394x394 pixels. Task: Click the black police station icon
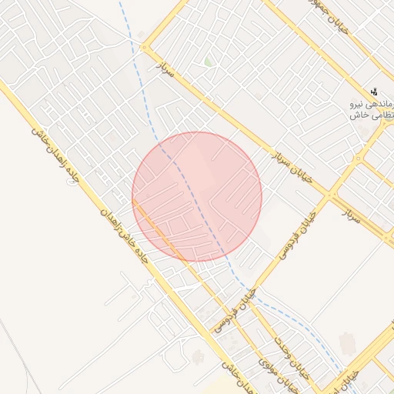(374, 92)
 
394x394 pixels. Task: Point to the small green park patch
(208, 61)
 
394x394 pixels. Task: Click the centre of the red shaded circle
(197, 197)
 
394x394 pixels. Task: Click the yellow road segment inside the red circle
(158, 230)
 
